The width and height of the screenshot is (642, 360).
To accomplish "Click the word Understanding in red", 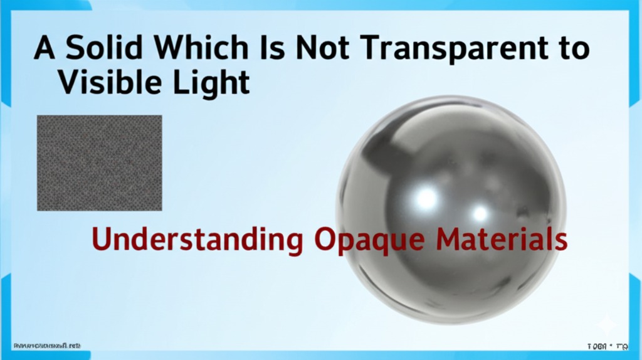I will click(x=196, y=240).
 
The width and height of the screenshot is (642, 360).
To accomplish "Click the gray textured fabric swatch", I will click(x=100, y=162).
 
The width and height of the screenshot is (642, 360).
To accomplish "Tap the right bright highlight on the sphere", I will click(x=480, y=213).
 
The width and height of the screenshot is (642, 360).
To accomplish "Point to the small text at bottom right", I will click(x=607, y=346).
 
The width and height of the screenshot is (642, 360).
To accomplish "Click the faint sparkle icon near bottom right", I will click(x=606, y=324).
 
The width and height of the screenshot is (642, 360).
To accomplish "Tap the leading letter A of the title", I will click(x=45, y=48).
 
